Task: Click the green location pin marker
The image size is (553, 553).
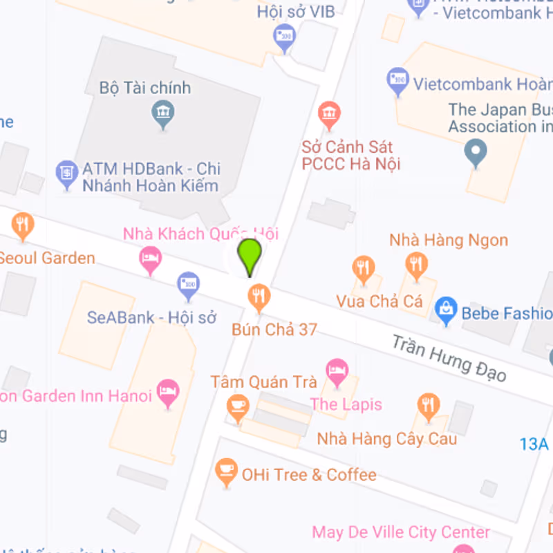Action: pos(249,256)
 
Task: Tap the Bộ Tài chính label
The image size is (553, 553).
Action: pos(145,88)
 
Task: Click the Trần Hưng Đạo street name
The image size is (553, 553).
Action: pos(449,358)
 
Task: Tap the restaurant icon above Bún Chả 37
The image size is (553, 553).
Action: pos(259,297)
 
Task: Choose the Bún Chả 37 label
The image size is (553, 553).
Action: pos(274,330)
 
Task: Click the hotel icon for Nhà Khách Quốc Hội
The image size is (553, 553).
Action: pos(151,261)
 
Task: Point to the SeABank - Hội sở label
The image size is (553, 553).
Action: pos(152,317)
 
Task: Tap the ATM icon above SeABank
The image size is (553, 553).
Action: pos(188,284)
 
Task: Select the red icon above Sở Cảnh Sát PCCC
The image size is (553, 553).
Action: pos(329,113)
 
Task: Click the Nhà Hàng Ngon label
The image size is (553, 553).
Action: pos(449,240)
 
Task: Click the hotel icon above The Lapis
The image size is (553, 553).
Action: pos(337,371)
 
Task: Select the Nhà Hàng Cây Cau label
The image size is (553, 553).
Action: pos(387,438)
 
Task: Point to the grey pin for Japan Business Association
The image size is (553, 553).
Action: pos(475,151)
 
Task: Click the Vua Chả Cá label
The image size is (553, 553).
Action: pos(379,301)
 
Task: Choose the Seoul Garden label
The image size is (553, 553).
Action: pos(46,258)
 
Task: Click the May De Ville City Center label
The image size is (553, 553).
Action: pos(401,532)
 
